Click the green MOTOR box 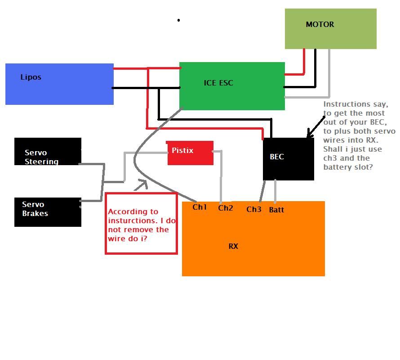point(330,29)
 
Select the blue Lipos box point(59,84)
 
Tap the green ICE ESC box point(232,86)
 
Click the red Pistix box point(191,153)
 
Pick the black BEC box point(288,159)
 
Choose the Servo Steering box point(48,152)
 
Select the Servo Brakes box point(48,212)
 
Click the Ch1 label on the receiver point(200,207)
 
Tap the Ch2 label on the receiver point(226,208)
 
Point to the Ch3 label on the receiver point(254,209)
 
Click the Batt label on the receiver point(276,210)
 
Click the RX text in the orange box point(233,246)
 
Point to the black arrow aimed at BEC point(316,126)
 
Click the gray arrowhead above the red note point(142,183)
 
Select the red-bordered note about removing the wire point(141,224)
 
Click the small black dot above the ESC point(179,20)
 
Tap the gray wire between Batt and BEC point(275,191)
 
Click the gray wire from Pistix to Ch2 point(221,178)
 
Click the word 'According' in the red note point(127,211)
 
